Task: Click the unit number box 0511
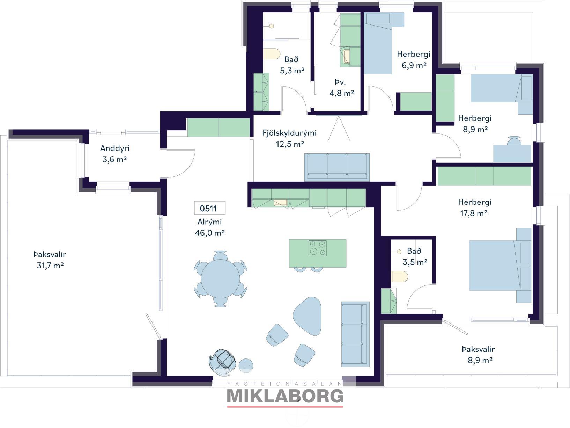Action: [x=210, y=208]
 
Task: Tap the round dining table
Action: [x=221, y=279]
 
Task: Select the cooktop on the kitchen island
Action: [x=318, y=248]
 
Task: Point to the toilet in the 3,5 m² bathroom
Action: [x=400, y=277]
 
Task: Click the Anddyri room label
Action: [x=115, y=148]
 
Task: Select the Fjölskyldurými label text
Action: [x=290, y=133]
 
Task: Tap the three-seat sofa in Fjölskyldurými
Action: [x=337, y=167]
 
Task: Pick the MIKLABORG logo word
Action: [x=285, y=396]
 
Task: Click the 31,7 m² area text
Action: [x=50, y=265]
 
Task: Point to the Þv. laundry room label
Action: [x=340, y=82]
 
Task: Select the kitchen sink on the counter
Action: [x=280, y=202]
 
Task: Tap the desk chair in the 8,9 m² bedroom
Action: [x=515, y=141]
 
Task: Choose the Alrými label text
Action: [x=209, y=222]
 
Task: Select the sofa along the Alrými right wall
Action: [x=355, y=334]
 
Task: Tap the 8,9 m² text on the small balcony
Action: [x=480, y=360]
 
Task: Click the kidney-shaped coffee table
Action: [x=307, y=316]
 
